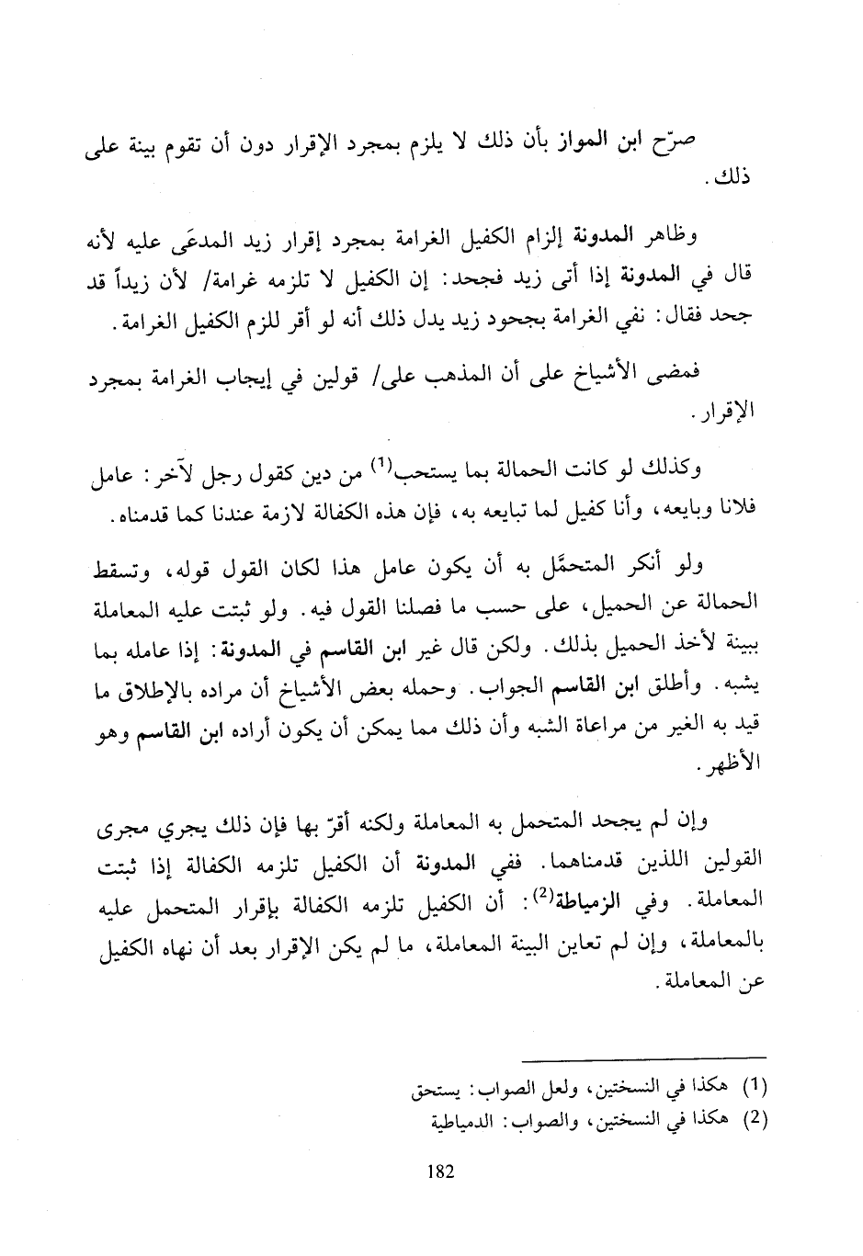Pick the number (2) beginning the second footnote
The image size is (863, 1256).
pos(752,1121)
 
